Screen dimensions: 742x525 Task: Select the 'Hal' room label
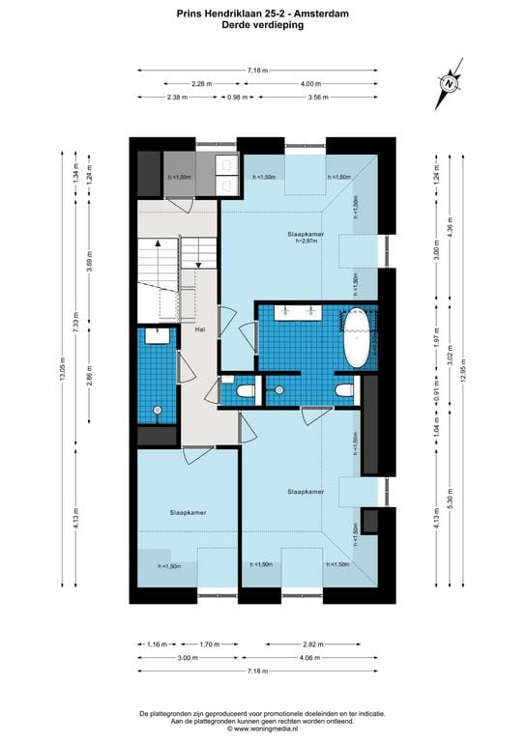(200, 330)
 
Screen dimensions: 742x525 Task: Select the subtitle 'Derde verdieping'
(262, 26)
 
